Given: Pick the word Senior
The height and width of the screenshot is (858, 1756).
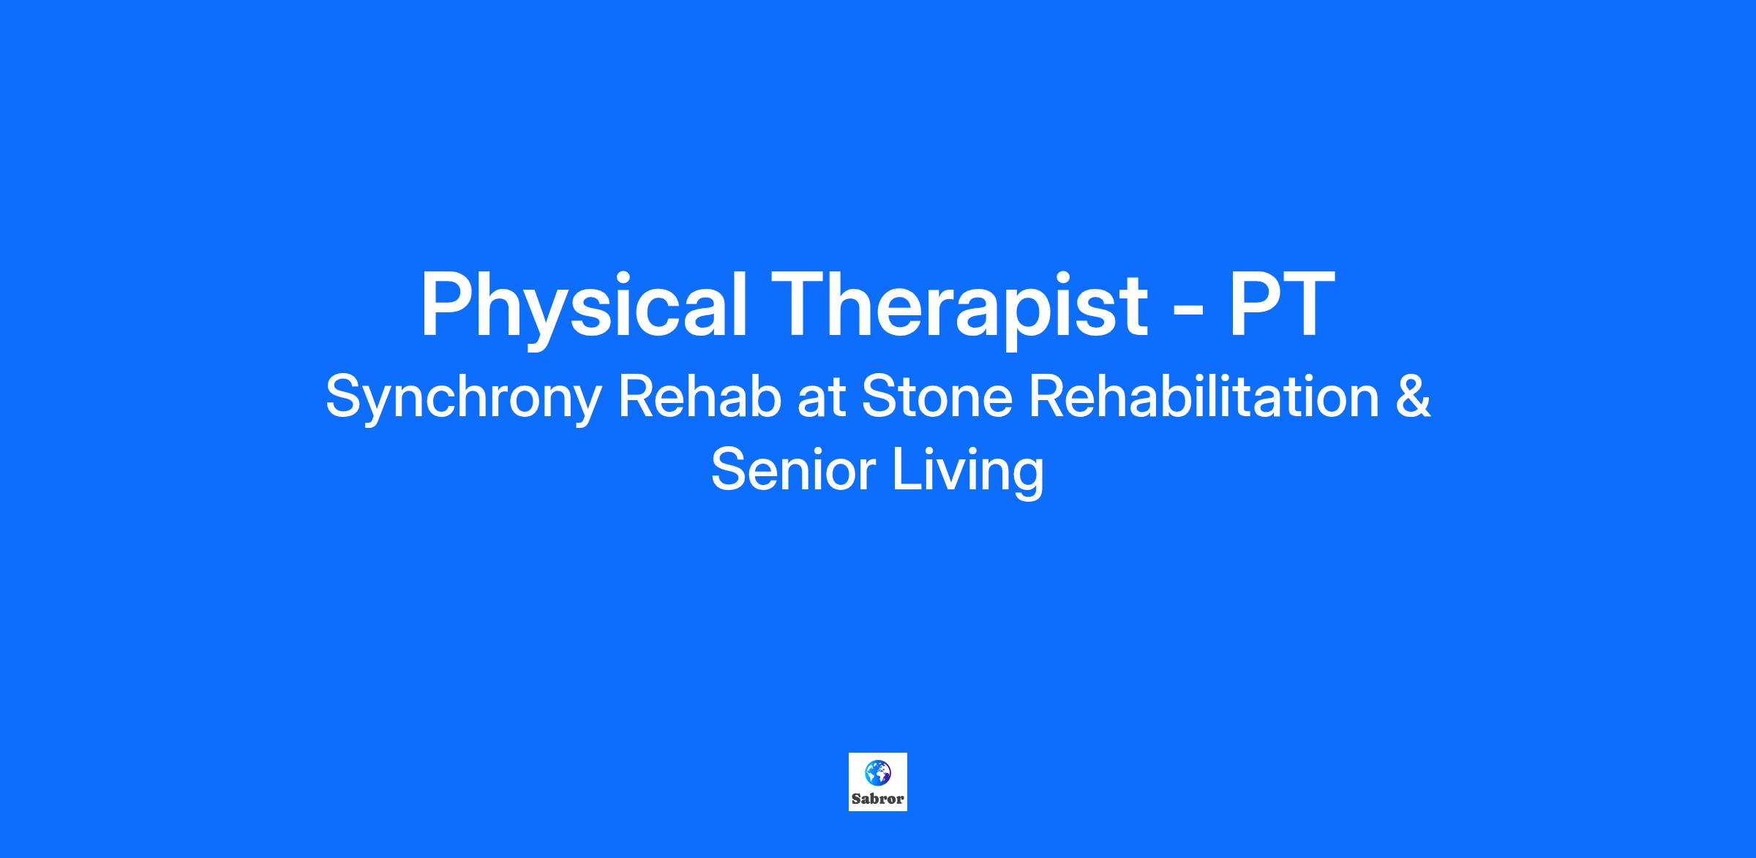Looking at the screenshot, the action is (x=793, y=470).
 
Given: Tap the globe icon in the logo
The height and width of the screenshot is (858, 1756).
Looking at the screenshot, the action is (x=877, y=772).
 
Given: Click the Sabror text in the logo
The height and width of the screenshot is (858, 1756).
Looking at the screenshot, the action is (x=877, y=799).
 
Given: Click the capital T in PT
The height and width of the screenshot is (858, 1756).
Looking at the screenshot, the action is (x=1308, y=303).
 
